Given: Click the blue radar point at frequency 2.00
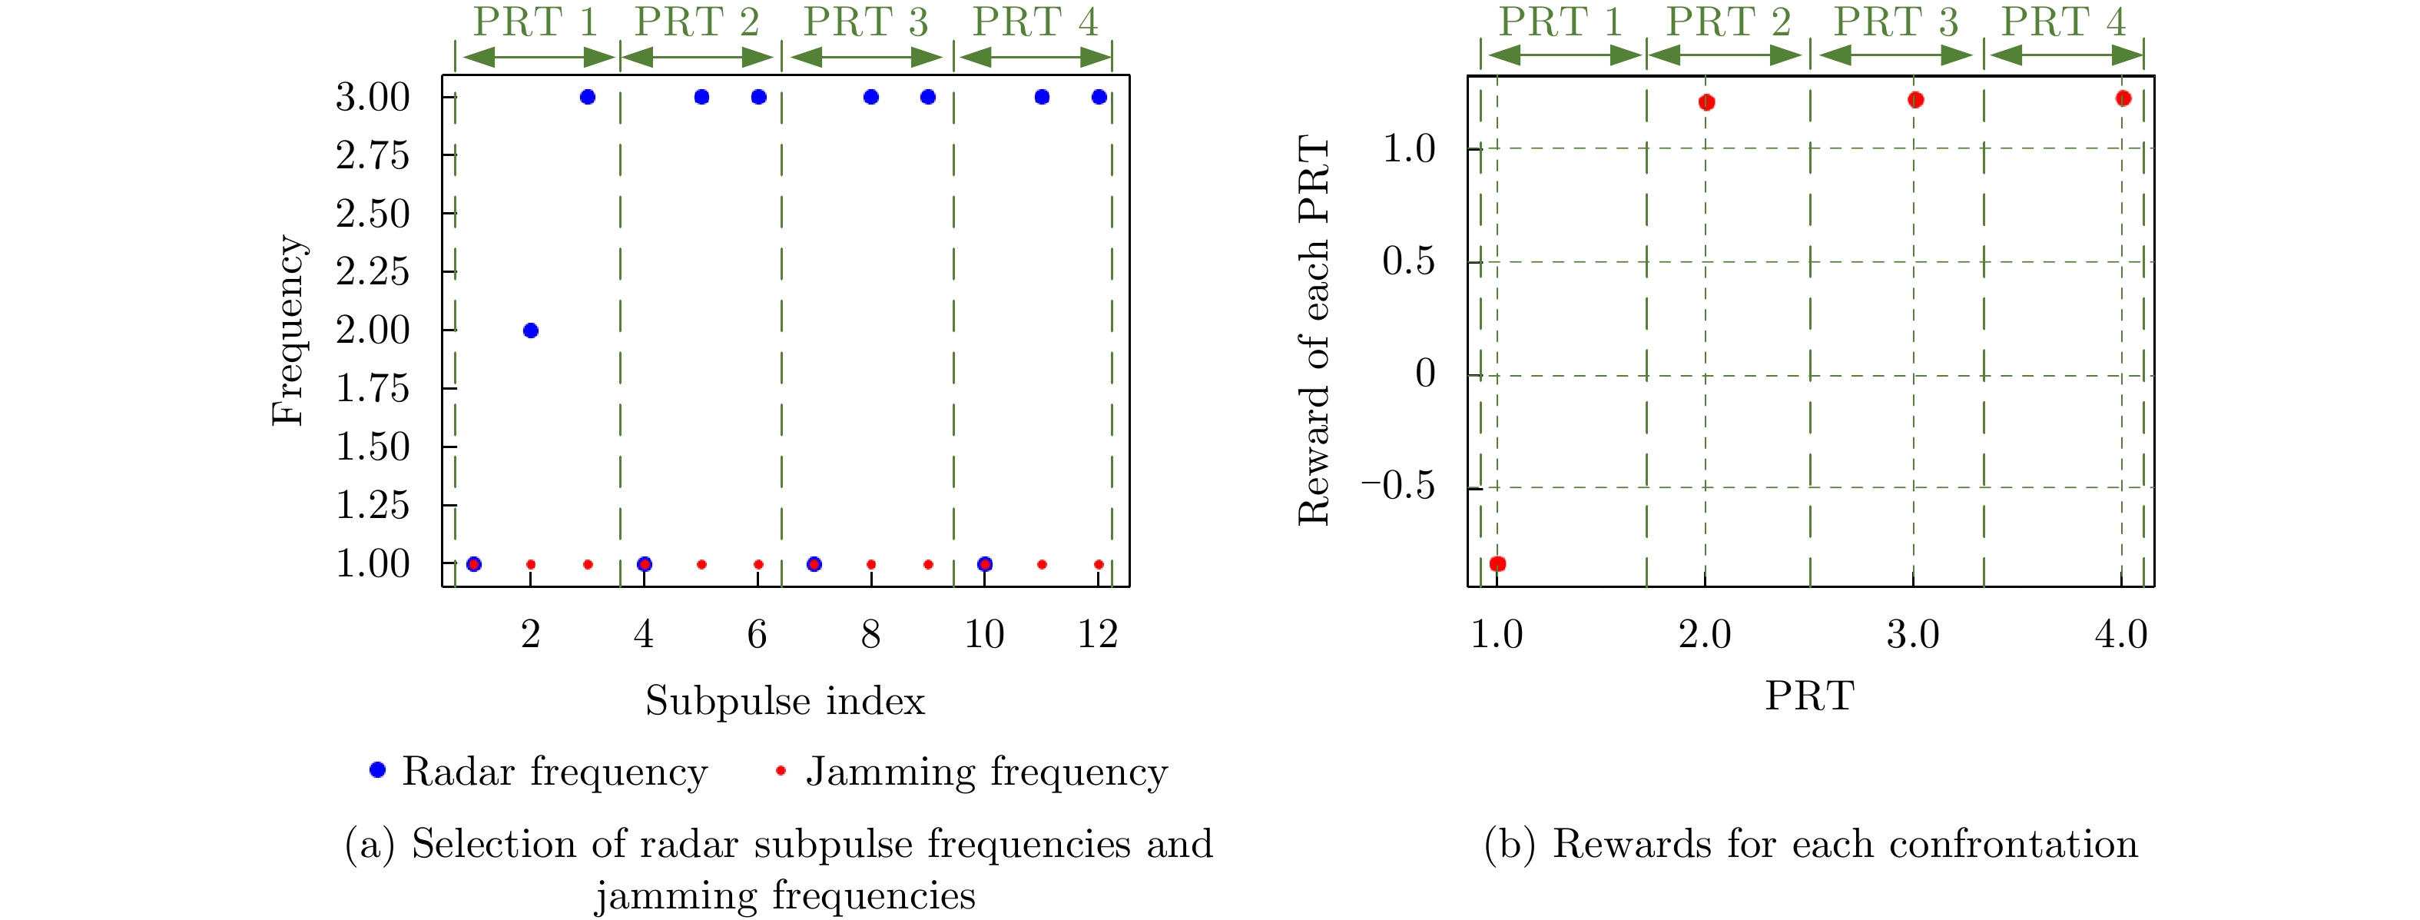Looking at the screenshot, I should coord(531,330).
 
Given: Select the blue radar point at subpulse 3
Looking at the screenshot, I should coord(588,97).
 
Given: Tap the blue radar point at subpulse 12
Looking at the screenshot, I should coord(1099,97).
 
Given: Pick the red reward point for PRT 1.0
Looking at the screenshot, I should coord(1498,564).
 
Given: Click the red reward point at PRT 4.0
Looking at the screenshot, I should coord(2123,98).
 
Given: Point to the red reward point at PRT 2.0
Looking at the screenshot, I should coord(1707,102).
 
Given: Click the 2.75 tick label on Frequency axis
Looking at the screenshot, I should coord(373,156).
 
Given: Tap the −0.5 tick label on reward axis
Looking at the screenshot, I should coord(1398,487).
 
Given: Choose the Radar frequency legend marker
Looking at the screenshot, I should coord(378,771).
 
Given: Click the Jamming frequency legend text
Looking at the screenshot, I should coord(986,772).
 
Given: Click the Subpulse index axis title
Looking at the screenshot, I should coord(784,701).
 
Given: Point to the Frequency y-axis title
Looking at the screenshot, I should coord(287,330).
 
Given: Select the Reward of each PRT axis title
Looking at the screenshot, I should coord(1314,330).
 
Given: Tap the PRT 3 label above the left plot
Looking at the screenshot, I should coord(865,22).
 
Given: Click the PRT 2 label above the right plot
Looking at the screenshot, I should coord(1729,22).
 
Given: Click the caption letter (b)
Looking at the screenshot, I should coord(1510,845).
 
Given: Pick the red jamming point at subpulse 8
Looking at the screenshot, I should coord(871,565).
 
